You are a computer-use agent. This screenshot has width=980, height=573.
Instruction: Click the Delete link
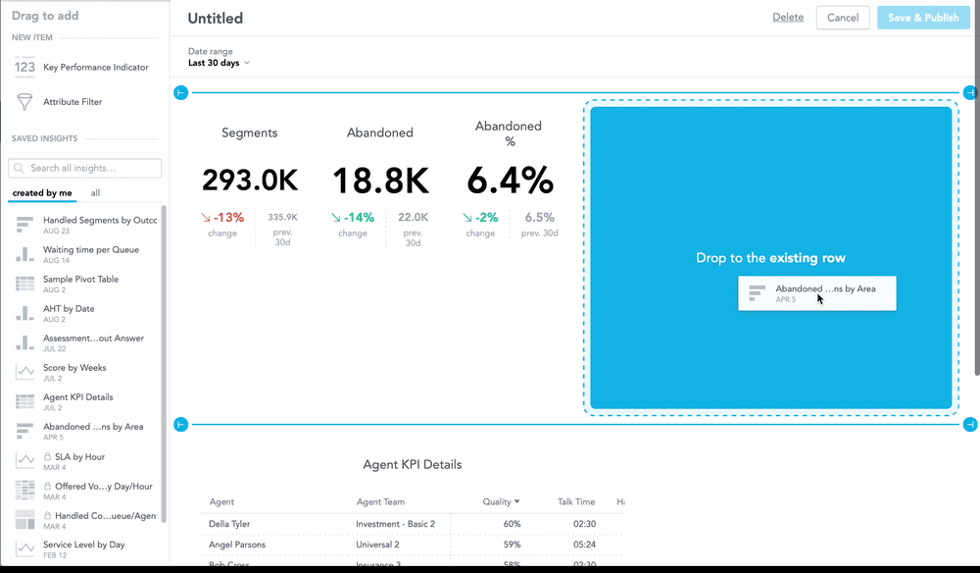(x=788, y=18)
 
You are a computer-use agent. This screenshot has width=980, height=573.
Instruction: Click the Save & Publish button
(x=923, y=18)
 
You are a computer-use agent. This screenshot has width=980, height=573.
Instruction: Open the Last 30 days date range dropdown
(x=219, y=63)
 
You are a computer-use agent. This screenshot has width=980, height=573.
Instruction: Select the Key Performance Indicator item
(x=95, y=68)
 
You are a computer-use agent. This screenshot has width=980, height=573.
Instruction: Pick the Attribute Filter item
(x=72, y=102)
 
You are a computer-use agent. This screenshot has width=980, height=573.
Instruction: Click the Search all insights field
(x=85, y=168)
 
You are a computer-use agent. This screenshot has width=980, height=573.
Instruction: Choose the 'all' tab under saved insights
(x=95, y=193)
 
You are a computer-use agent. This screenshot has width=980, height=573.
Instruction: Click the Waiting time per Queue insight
(x=90, y=250)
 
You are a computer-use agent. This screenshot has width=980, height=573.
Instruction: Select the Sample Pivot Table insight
(x=80, y=280)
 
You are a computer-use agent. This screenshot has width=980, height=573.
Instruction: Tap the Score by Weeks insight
(x=74, y=368)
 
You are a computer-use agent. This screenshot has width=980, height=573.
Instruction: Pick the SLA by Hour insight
(x=79, y=457)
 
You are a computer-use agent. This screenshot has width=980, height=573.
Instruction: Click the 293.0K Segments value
(x=250, y=181)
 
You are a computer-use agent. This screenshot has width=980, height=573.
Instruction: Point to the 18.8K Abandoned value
(x=380, y=181)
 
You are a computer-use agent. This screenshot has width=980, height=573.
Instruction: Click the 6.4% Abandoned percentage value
(x=509, y=181)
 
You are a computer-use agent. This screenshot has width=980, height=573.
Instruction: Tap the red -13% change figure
(x=221, y=218)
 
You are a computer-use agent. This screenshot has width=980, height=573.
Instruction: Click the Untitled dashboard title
(x=216, y=19)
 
